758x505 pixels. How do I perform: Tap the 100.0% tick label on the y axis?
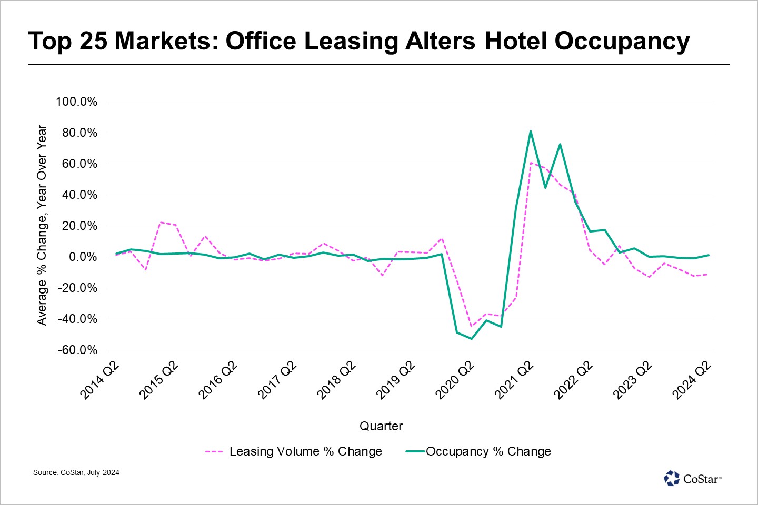tap(77, 102)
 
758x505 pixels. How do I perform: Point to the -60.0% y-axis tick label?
tap(77, 350)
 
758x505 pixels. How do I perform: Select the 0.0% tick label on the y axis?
tap(83, 257)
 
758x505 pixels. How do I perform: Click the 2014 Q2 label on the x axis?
tap(100, 380)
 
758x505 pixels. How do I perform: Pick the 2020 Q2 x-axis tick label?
tap(455, 380)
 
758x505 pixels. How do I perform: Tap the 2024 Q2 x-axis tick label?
tap(692, 380)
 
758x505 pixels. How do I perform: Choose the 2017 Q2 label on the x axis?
tap(277, 380)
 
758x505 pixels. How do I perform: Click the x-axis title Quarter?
tap(381, 426)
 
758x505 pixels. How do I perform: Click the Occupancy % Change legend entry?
tap(478, 451)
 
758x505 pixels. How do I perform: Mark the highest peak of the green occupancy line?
tap(531, 131)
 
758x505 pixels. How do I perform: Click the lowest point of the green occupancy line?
tap(472, 339)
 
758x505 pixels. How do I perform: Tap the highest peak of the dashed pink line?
tap(531, 163)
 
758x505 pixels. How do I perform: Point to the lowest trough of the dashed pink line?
tap(471, 326)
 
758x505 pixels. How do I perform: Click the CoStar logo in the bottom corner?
tap(692, 479)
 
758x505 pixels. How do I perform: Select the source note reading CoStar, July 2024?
tap(76, 472)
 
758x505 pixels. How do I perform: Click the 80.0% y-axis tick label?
tap(80, 133)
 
